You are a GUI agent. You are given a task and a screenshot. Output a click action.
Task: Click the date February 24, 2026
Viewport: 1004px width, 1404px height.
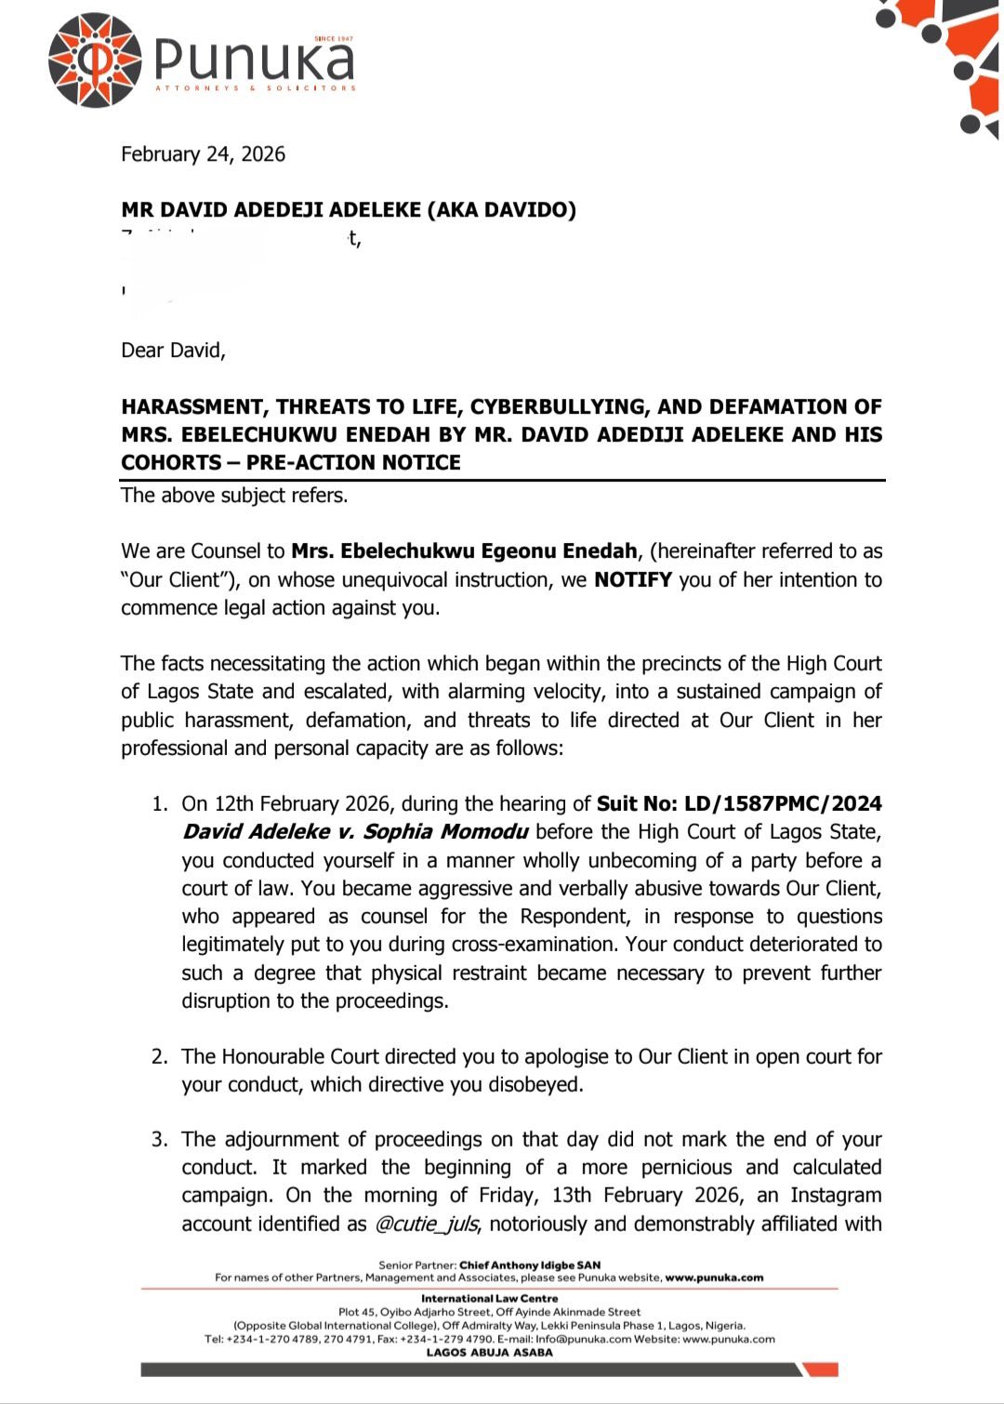coord(203,154)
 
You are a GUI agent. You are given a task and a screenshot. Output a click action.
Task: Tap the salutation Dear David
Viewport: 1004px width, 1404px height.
coord(173,351)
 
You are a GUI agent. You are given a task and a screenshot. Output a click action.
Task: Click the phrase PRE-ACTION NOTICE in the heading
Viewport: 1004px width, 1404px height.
coord(353,463)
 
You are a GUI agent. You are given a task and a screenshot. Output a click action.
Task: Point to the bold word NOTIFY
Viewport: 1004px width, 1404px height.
coord(632,580)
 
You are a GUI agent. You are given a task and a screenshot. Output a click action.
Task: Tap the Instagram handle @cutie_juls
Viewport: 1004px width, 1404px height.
coord(427,1225)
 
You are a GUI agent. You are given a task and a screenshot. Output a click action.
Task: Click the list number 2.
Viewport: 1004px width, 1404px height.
coord(160,1057)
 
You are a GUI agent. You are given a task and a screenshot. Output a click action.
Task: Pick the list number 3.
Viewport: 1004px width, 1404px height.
coord(160,1140)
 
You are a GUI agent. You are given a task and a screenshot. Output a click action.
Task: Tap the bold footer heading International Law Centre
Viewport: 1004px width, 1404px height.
coord(490,1299)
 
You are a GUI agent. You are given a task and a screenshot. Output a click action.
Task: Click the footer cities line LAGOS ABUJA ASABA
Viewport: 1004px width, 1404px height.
coord(490,1353)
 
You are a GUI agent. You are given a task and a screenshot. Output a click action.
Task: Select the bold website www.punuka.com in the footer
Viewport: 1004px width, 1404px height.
coord(714,1278)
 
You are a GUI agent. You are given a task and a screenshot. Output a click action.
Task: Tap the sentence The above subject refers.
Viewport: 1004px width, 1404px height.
coord(234,496)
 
